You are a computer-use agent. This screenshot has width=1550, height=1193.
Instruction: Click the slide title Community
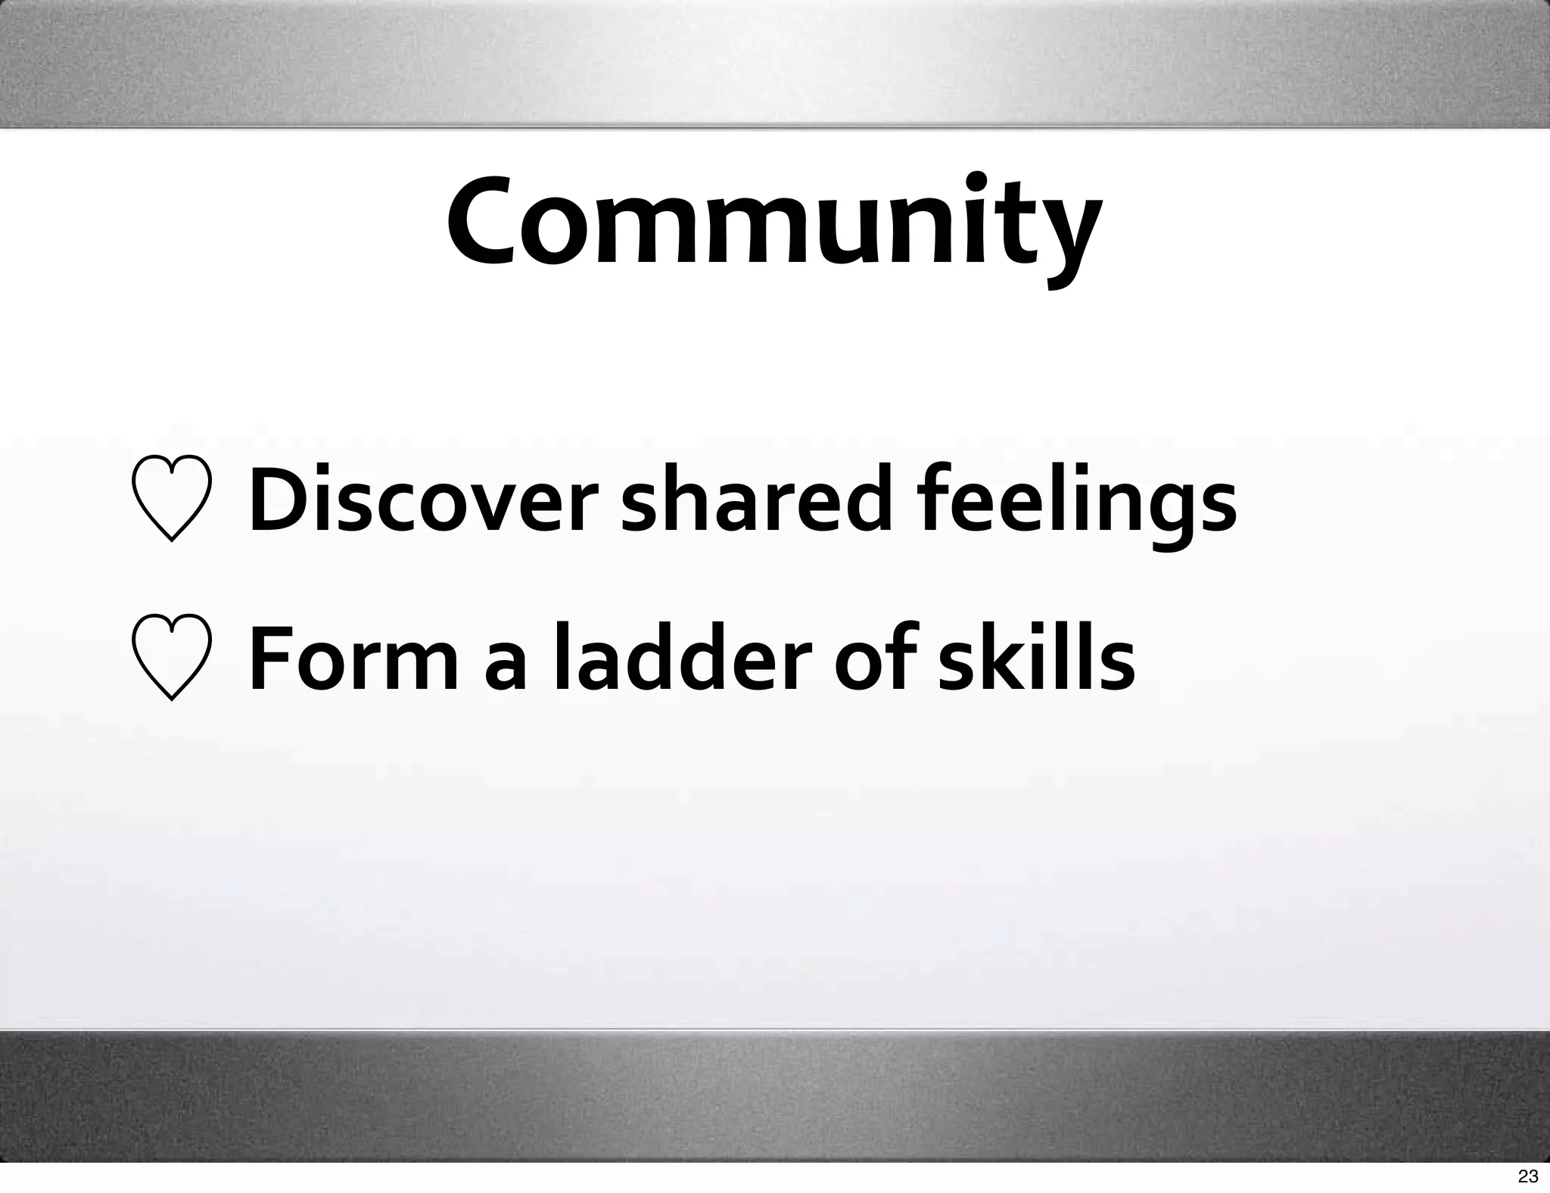(x=773, y=223)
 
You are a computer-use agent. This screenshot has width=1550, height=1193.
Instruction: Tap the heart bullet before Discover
(x=171, y=499)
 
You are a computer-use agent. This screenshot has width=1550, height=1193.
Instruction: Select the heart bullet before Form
(x=171, y=658)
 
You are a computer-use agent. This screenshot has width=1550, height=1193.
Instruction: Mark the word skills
(x=1036, y=657)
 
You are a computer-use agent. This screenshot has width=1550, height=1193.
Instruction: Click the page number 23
(x=1528, y=1176)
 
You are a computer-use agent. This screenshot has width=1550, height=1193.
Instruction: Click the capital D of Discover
(x=277, y=500)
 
